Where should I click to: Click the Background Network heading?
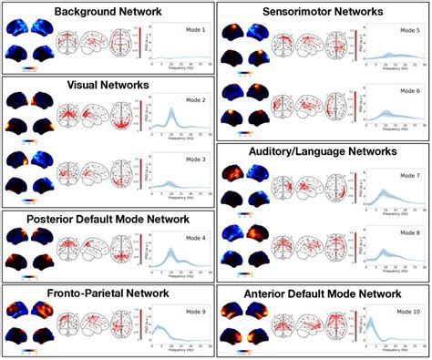[x=108, y=12]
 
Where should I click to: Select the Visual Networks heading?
[x=108, y=85]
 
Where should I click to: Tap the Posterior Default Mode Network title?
[x=108, y=219]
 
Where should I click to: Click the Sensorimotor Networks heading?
[x=323, y=12]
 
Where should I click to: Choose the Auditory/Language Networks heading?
[x=323, y=151]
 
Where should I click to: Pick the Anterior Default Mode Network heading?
[x=323, y=293]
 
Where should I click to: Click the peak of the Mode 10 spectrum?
[x=371, y=320]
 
